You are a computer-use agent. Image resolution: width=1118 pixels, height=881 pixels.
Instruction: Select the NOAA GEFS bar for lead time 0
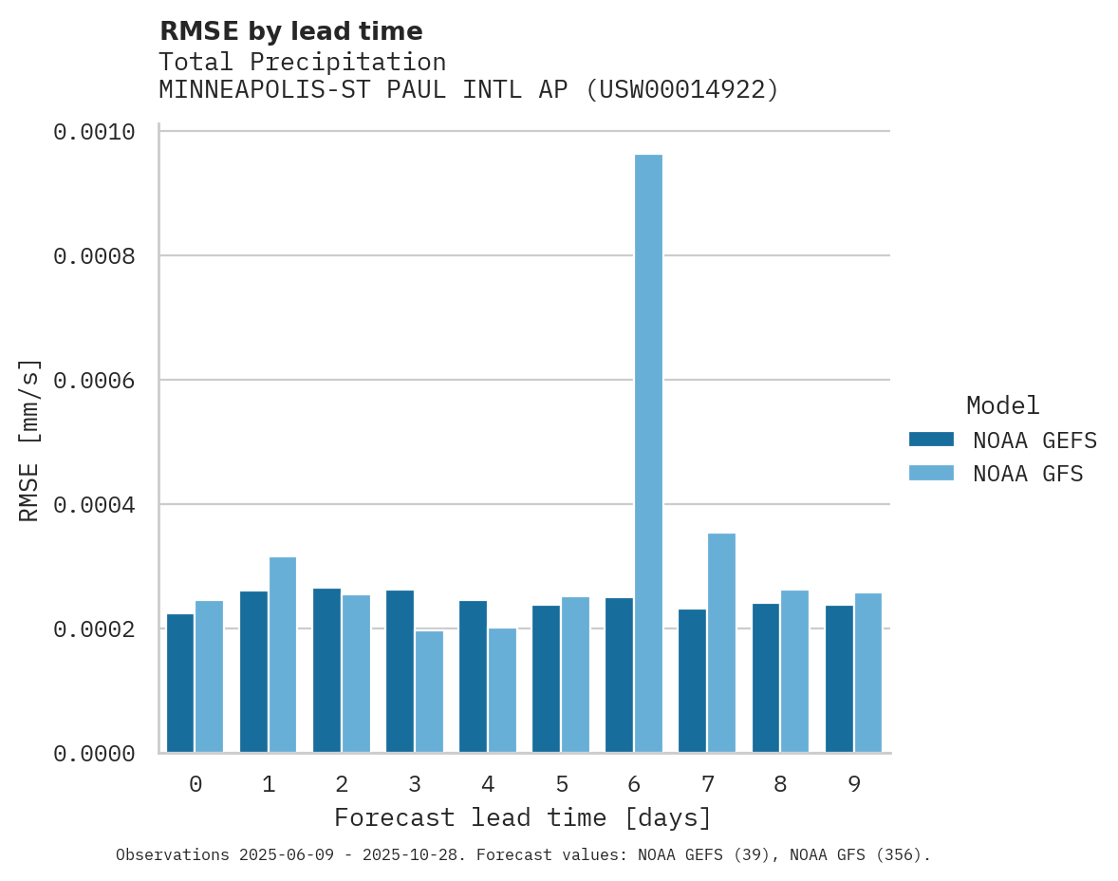(180, 684)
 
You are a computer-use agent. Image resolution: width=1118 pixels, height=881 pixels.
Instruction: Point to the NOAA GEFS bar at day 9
(839, 679)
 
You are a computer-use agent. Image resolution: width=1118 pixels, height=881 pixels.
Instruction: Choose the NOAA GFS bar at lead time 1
(283, 655)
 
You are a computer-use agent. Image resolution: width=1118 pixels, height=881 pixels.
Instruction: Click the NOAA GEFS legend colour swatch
(930, 440)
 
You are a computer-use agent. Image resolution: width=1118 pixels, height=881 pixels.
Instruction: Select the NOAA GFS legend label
(1027, 473)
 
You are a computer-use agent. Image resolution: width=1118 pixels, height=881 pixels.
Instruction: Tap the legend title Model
(1002, 405)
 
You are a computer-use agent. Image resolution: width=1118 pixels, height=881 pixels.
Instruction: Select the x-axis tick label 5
(561, 784)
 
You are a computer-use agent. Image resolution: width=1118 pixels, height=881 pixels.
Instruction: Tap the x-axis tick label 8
(780, 784)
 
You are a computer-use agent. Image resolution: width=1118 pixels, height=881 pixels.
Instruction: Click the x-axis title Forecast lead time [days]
(522, 817)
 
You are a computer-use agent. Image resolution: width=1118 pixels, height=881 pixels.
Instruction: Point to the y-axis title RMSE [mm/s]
(30, 440)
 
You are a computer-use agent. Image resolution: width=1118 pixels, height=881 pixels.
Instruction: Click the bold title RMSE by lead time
(290, 31)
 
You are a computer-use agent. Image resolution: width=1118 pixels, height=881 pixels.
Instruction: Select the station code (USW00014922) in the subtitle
(682, 89)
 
